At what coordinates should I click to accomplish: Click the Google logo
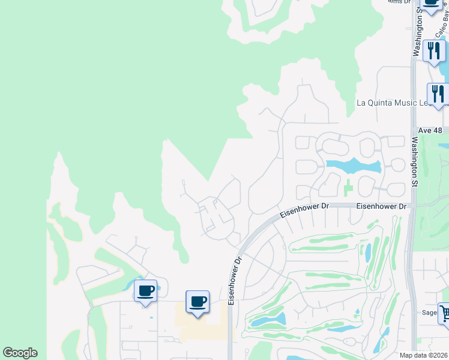[20, 353]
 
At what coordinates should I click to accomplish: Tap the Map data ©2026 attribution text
[423, 355]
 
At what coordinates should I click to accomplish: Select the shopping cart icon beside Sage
[445, 313]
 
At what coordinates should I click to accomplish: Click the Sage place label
[429, 312]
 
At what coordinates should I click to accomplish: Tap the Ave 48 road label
[430, 130]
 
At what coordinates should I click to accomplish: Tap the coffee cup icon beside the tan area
[197, 301]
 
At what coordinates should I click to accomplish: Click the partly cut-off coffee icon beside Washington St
[431, 4]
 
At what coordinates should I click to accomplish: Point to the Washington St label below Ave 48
[414, 163]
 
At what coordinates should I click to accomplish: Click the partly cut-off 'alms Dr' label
[399, 2]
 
